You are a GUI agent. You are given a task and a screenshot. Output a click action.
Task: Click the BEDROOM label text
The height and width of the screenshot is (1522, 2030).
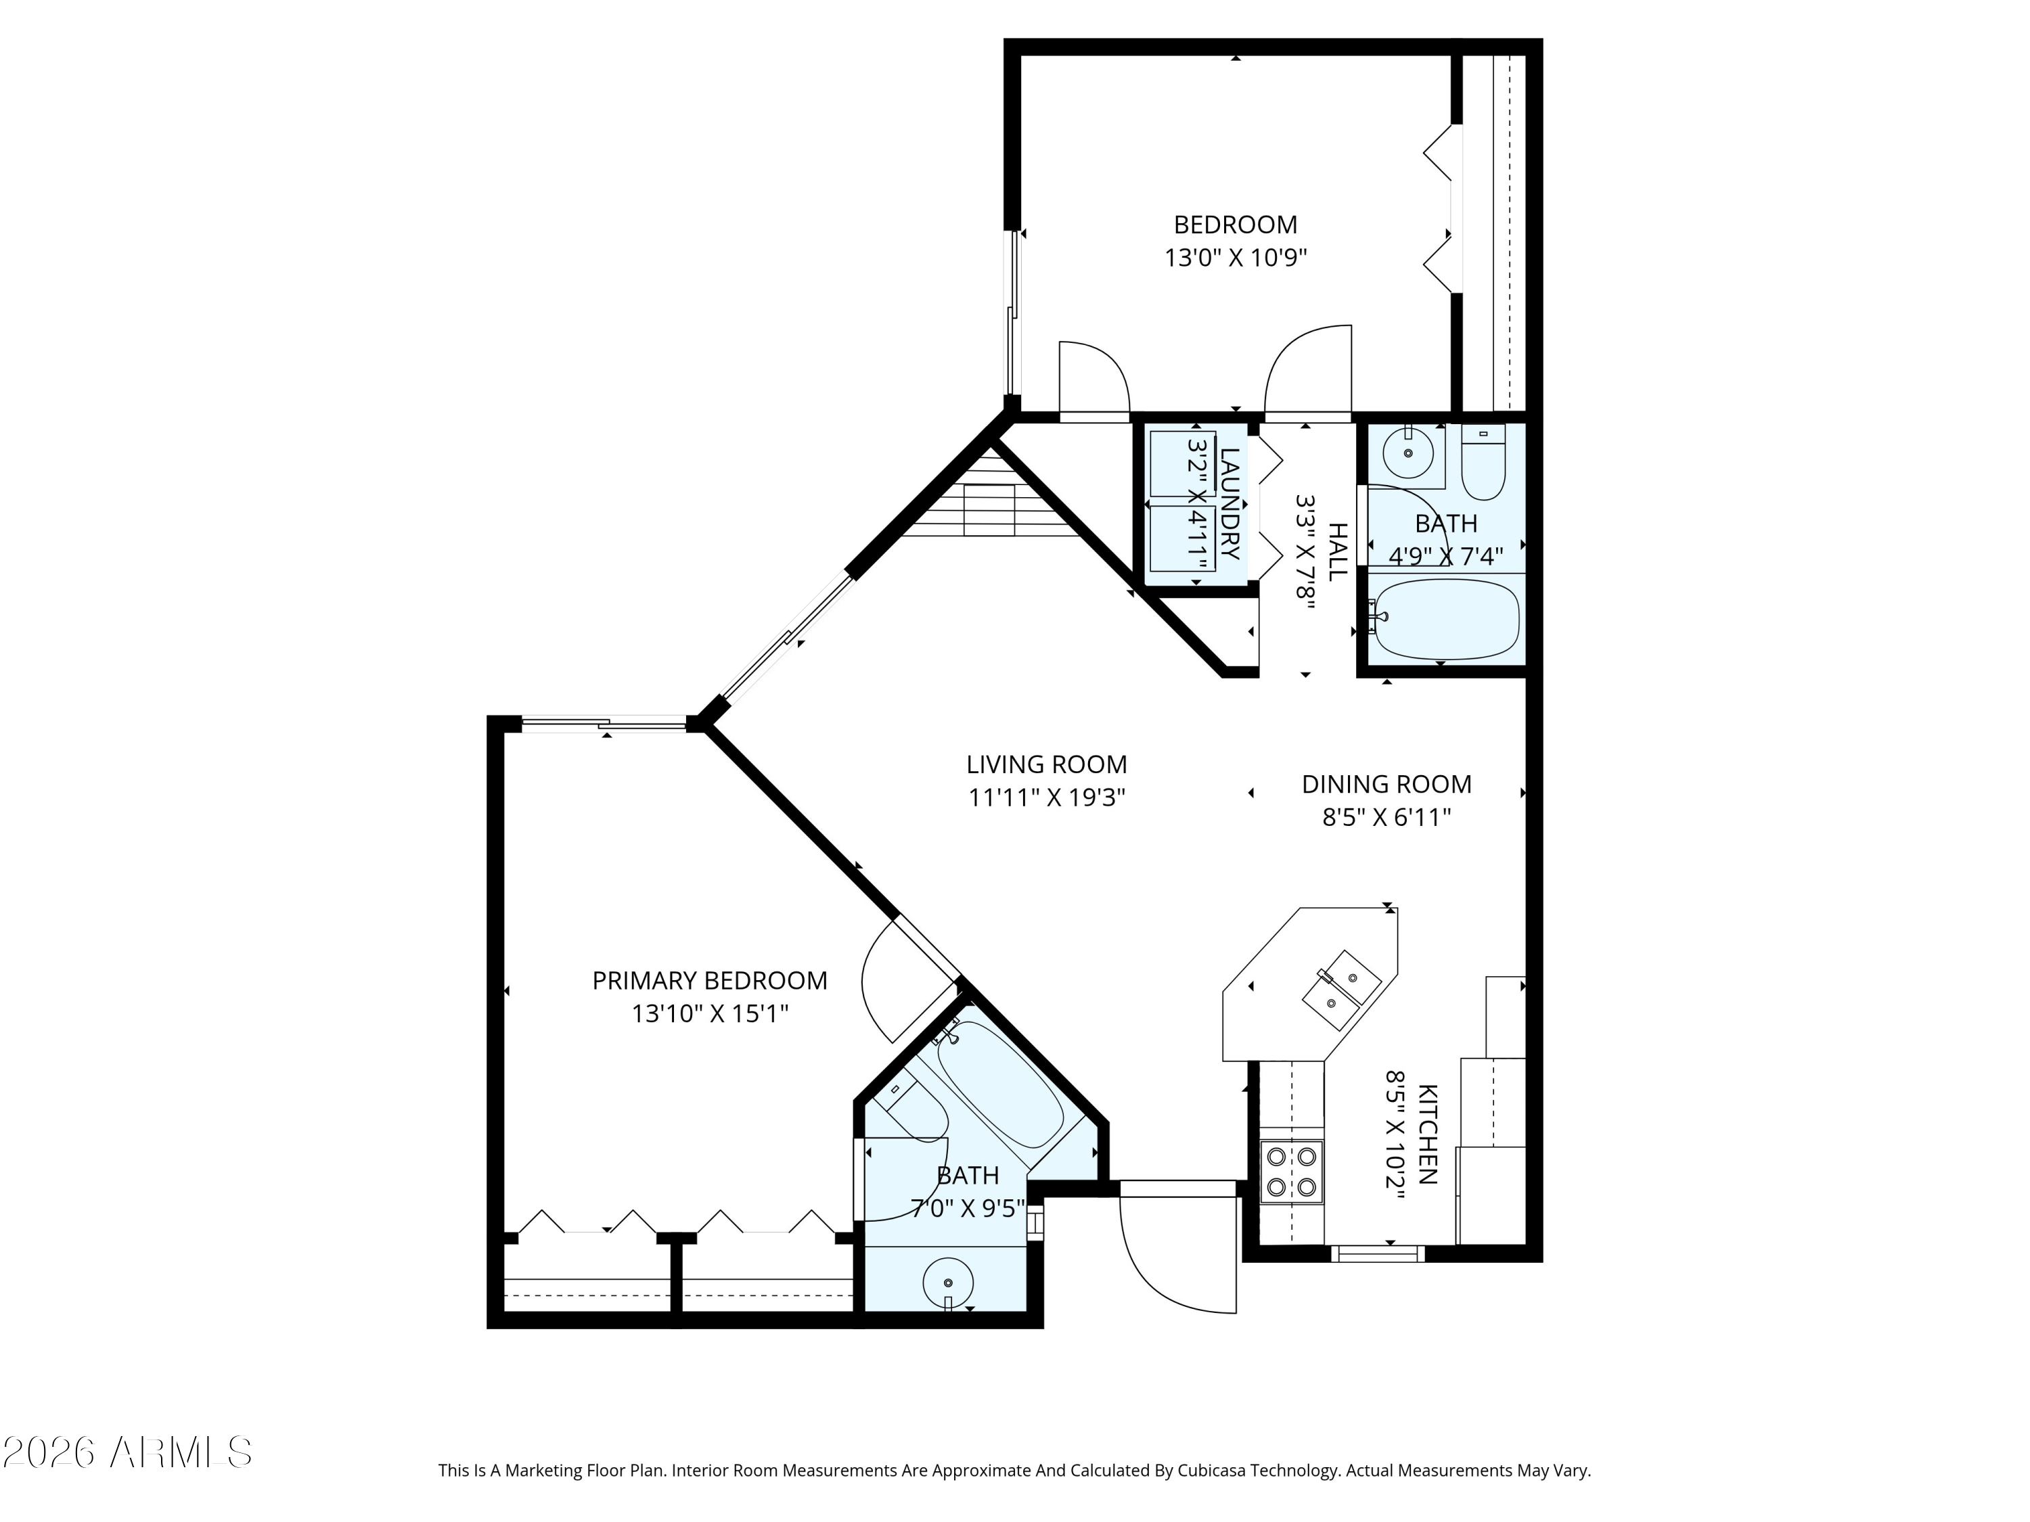[1235, 225]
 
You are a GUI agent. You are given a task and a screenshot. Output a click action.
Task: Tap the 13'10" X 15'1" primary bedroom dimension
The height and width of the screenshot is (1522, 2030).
[709, 1014]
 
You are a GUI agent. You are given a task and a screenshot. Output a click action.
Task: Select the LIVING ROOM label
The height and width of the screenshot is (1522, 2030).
[1046, 764]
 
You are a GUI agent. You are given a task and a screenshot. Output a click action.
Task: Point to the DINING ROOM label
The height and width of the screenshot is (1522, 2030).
[1386, 785]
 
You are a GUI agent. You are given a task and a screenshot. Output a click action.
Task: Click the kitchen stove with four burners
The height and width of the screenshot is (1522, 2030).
[1291, 1171]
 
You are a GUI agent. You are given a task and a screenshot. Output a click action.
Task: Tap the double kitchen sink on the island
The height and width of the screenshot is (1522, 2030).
[1340, 991]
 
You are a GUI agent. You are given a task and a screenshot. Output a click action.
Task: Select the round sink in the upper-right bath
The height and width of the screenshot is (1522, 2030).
[1407, 454]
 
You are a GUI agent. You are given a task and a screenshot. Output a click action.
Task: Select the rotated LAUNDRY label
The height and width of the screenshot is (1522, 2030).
[1229, 503]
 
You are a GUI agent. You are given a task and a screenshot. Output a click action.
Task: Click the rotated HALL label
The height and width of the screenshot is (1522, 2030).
[1338, 551]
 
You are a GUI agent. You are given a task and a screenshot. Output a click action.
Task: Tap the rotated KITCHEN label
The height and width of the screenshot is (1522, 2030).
[1427, 1134]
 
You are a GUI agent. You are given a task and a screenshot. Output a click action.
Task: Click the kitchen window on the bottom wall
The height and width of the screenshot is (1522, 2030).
[1378, 1253]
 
